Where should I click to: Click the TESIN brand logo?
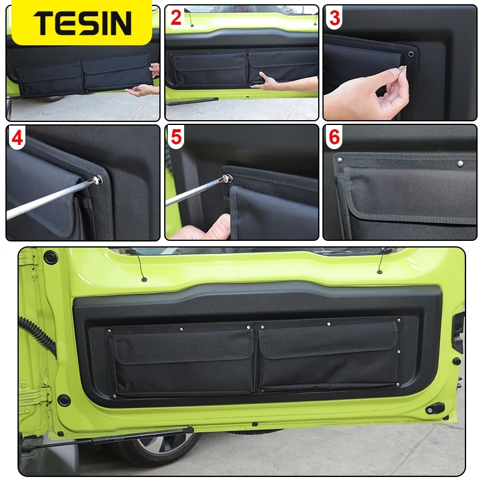click(x=82, y=23)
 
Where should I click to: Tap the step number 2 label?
click(x=176, y=18)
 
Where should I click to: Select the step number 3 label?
click(x=334, y=18)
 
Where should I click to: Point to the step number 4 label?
click(x=18, y=138)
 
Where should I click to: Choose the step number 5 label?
click(x=176, y=138)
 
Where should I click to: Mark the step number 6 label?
click(x=334, y=138)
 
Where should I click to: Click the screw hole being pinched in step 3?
click(x=412, y=54)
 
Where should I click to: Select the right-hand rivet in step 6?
click(x=461, y=162)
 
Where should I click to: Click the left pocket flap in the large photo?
click(x=183, y=345)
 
